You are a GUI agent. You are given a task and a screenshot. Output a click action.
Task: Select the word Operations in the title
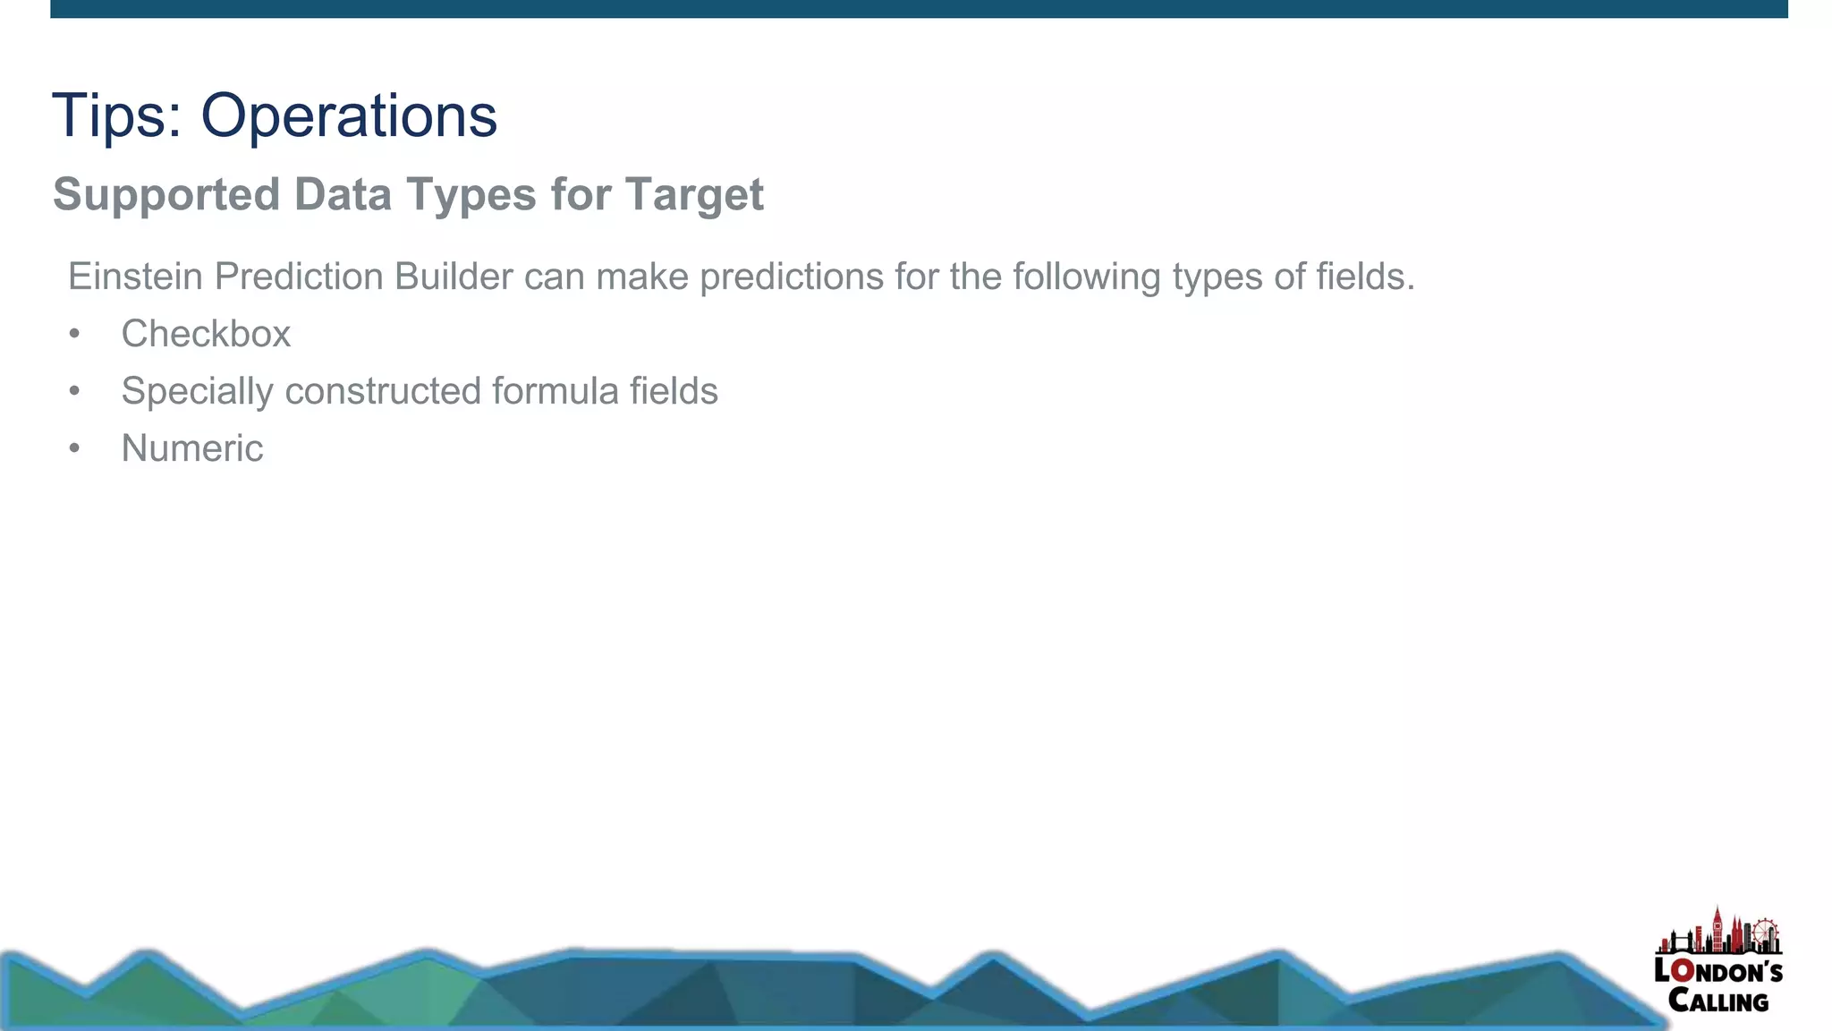pyautogui.click(x=348, y=115)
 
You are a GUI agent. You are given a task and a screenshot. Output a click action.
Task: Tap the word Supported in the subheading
pyautogui.click(x=165, y=194)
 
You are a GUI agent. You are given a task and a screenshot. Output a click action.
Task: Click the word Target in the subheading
pyautogui.click(x=694, y=194)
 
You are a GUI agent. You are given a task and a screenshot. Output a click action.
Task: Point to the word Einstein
pyautogui.click(x=135, y=277)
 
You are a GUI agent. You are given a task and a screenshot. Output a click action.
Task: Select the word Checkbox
pyautogui.click(x=206, y=334)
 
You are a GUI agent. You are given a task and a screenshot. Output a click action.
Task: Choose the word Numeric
pyautogui.click(x=192, y=448)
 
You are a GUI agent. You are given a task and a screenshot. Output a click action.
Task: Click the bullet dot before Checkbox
pyautogui.click(x=74, y=334)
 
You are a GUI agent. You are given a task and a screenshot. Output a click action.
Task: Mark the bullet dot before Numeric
pyautogui.click(x=74, y=448)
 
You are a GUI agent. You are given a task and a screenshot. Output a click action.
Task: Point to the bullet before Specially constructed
pyautogui.click(x=74, y=391)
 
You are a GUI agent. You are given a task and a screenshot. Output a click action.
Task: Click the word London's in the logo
pyautogui.click(x=1718, y=971)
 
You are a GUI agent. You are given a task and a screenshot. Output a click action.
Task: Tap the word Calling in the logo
pyautogui.click(x=1718, y=1001)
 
